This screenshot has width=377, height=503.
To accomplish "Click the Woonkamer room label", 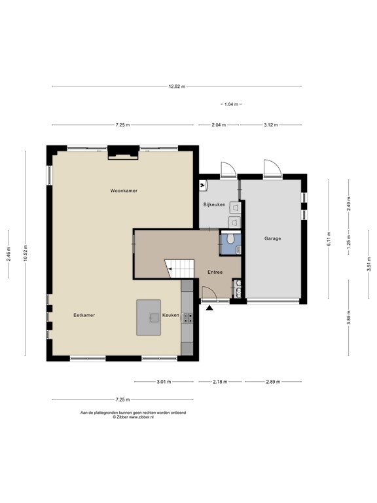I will tap(124, 190).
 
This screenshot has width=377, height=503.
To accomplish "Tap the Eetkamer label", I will tap(84, 315).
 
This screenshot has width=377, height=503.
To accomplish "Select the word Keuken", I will tap(171, 315).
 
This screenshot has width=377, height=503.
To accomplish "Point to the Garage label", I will tap(272, 238).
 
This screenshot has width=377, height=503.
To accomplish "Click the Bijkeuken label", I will tap(214, 205).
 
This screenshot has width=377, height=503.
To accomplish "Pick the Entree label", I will tap(215, 272).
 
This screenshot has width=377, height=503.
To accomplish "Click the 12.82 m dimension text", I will tap(177, 86).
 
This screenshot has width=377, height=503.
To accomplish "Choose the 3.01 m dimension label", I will tap(164, 381).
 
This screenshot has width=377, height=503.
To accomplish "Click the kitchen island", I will tap(148, 318).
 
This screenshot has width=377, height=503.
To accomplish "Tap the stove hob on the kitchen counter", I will tap(188, 318).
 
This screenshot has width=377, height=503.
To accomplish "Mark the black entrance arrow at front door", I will tap(210, 307).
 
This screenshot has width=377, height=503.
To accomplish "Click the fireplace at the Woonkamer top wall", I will tap(123, 152).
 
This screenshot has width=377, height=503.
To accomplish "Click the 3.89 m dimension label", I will tap(349, 318).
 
